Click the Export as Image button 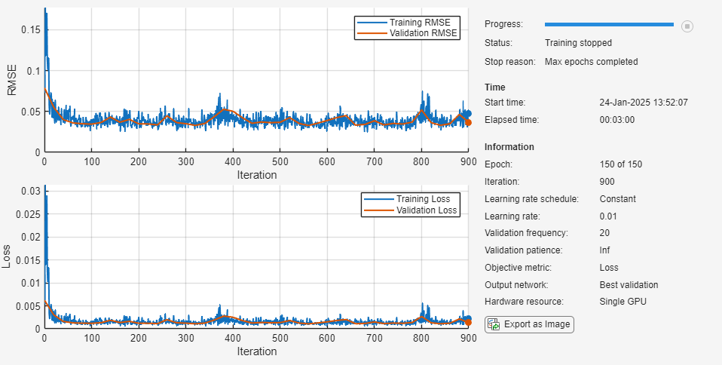pyautogui.click(x=529, y=324)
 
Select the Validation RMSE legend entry pyautogui.click(x=424, y=33)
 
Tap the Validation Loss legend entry pyautogui.click(x=427, y=210)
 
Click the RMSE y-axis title pyautogui.click(x=11, y=80)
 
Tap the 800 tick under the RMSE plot pyautogui.click(x=421, y=162)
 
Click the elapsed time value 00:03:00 pyautogui.click(x=616, y=119)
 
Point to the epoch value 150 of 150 pyautogui.click(x=621, y=164)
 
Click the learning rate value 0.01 pyautogui.click(x=608, y=216)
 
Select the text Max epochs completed pyautogui.click(x=591, y=62)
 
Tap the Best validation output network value pyautogui.click(x=629, y=285)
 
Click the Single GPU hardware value pyautogui.click(x=623, y=302)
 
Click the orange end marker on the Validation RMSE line pyautogui.click(x=468, y=122)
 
